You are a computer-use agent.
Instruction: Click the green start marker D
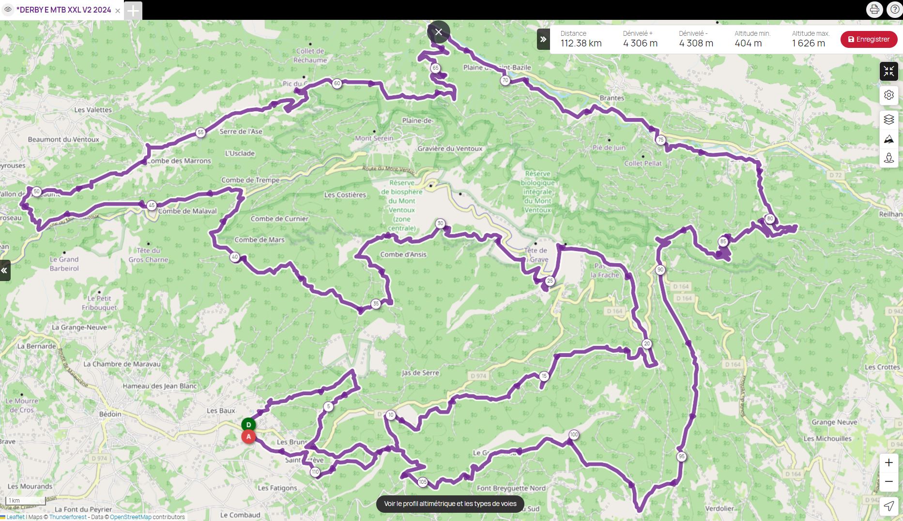tap(248, 425)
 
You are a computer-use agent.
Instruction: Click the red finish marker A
tap(248, 437)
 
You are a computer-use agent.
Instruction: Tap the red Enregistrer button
tap(869, 39)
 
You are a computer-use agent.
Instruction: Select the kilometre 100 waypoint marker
tap(574, 434)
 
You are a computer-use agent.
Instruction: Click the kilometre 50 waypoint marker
tap(37, 192)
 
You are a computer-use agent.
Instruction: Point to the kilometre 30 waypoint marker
tap(440, 223)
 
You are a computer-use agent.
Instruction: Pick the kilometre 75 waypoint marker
tap(660, 140)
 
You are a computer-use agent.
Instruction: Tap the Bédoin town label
tap(110, 414)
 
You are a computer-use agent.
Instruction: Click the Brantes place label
tap(612, 98)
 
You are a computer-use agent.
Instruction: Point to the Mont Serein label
tap(374, 138)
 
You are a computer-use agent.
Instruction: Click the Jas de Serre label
tap(420, 372)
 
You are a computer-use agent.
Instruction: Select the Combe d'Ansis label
tap(403, 254)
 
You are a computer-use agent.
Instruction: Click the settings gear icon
tap(888, 95)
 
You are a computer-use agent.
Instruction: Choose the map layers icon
tap(888, 119)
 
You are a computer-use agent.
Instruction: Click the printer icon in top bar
tap(874, 10)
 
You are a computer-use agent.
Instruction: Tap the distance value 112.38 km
tap(581, 43)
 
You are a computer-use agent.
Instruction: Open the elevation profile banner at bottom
tap(450, 504)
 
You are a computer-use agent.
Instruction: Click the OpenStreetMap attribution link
tap(131, 517)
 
